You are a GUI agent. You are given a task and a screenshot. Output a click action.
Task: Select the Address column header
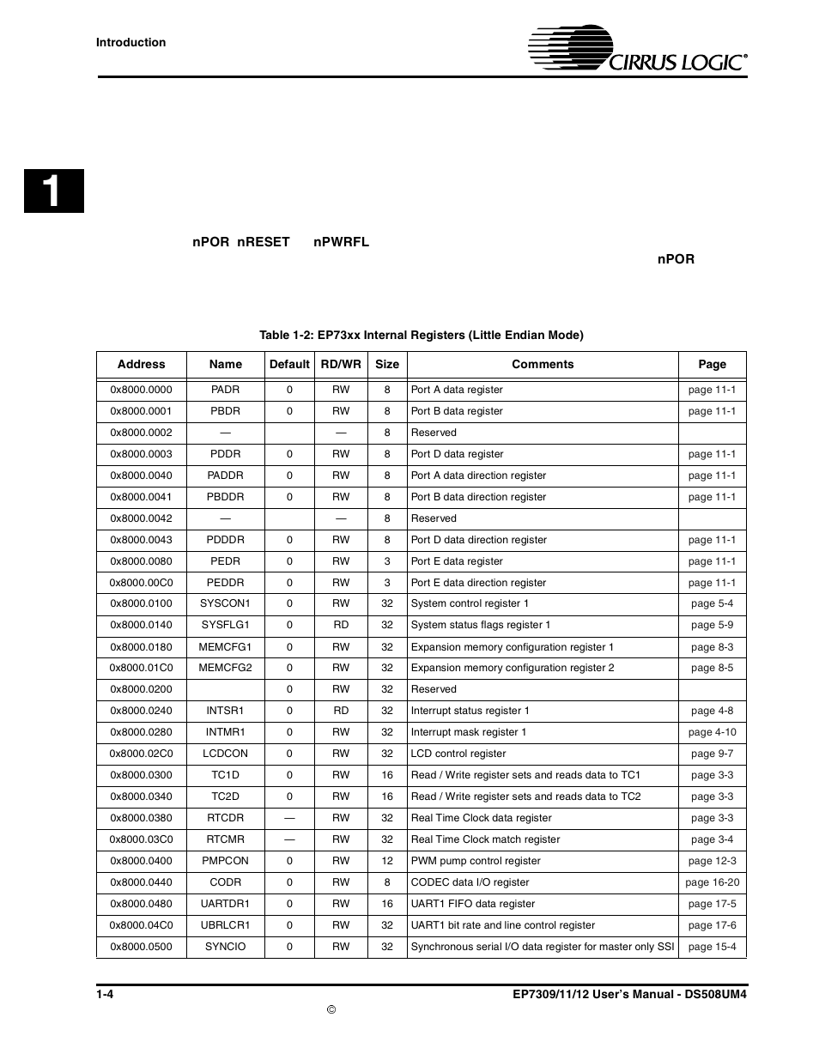pyautogui.click(x=141, y=364)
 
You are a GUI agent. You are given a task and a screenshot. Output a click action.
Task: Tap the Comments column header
pyautogui.click(x=543, y=364)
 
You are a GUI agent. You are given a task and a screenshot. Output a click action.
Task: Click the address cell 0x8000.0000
pyautogui.click(x=141, y=390)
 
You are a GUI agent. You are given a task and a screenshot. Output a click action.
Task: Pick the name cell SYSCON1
pyautogui.click(x=225, y=603)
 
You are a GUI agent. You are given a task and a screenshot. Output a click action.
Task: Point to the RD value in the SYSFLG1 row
pyautogui.click(x=341, y=625)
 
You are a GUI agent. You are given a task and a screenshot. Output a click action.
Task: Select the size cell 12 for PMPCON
pyautogui.click(x=387, y=861)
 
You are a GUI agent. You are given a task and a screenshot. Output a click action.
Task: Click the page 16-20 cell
pyautogui.click(x=712, y=882)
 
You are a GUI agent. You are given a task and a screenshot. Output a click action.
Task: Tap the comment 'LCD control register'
pyautogui.click(x=458, y=754)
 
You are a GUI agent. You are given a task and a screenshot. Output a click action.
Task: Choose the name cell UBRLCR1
pyautogui.click(x=225, y=925)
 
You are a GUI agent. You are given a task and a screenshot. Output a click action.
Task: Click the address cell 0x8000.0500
pyautogui.click(x=141, y=947)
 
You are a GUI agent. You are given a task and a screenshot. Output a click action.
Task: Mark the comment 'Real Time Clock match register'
pyautogui.click(x=485, y=839)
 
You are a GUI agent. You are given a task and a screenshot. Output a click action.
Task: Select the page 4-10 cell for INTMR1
pyautogui.click(x=712, y=732)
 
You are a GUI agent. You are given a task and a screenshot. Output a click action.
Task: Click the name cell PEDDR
pyautogui.click(x=225, y=583)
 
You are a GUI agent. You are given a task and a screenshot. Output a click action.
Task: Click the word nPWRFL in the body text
pyautogui.click(x=341, y=242)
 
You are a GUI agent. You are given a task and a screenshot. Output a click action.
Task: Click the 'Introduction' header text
pyautogui.click(x=130, y=42)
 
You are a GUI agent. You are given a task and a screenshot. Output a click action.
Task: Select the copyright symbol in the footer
pyautogui.click(x=331, y=1009)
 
